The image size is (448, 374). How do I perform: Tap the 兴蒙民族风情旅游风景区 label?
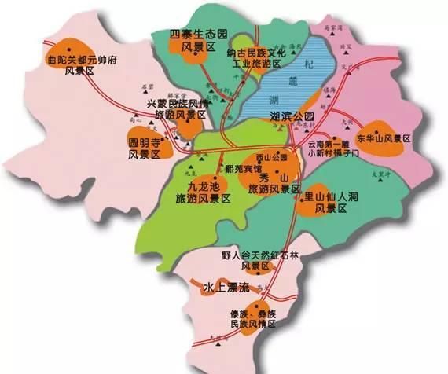tap(176, 108)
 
